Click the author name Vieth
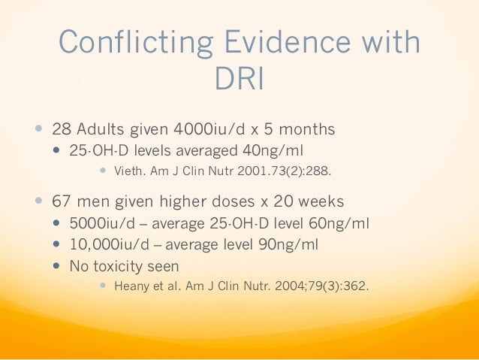(x=128, y=171)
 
